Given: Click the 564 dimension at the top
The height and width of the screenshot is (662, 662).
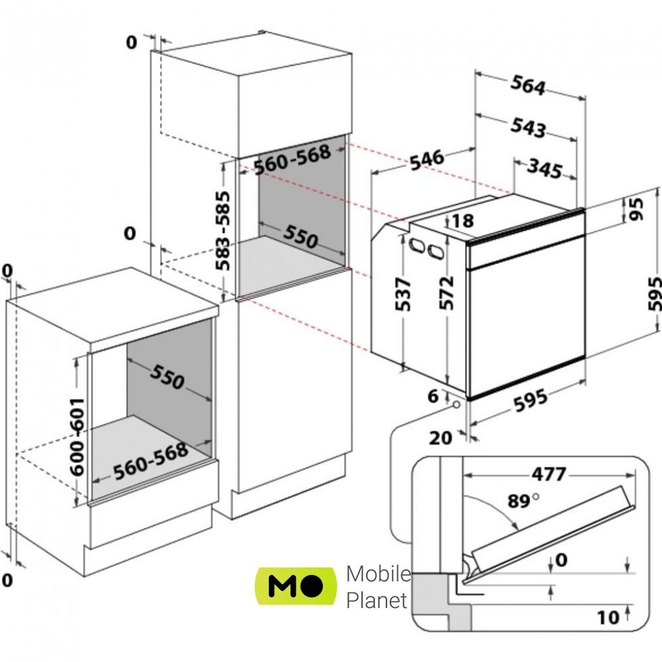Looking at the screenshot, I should coord(528,86).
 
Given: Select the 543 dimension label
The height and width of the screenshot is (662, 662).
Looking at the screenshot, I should coord(527,127).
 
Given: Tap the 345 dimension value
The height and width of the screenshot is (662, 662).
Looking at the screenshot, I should coord(544,169).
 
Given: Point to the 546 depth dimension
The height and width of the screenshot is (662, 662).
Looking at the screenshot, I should coord(426,159).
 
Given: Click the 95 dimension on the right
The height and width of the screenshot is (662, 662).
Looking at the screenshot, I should coord(636,209).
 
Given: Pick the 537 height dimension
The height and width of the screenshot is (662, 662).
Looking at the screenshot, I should coord(403,294).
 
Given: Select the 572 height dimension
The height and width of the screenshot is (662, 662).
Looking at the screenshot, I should coord(447,292).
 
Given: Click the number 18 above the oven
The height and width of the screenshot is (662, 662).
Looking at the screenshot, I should coord(464,220).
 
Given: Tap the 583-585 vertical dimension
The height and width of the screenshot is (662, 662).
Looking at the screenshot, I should coord(222,230).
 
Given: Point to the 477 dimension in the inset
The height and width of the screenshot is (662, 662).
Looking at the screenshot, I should coord(548,474).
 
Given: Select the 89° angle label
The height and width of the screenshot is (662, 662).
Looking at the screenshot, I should coord(524,501).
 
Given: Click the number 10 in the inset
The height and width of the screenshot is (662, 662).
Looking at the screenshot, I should coord(608,617).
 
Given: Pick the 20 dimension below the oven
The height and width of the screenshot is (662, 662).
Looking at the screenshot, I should coord(441,438).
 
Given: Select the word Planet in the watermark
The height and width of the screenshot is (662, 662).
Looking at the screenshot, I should coord(377,600).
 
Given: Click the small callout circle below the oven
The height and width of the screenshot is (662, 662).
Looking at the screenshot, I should coord(457,405).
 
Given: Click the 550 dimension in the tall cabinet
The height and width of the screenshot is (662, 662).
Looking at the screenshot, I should coord(299,237).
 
